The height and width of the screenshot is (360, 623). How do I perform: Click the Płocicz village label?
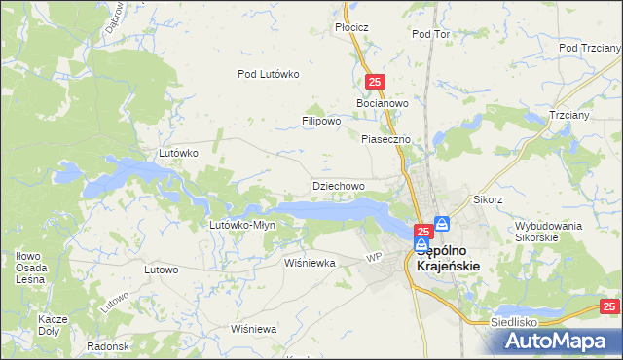pos(351,27)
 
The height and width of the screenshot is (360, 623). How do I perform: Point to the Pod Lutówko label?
pos(269,73)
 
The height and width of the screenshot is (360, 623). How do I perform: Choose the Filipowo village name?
pos(320,122)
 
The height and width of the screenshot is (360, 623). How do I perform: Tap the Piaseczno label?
pos(387,139)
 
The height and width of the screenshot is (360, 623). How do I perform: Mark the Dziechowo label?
pos(338,185)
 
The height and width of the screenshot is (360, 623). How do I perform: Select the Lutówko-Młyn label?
pos(243,225)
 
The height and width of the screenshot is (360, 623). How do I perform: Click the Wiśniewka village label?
pos(310,263)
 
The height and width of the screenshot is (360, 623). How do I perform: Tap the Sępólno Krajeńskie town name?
pos(457,256)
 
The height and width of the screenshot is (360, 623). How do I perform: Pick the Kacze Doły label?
pos(52,325)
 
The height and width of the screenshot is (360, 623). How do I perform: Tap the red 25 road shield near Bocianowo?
pos(377,84)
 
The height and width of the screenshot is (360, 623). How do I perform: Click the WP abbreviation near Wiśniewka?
pos(372,257)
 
